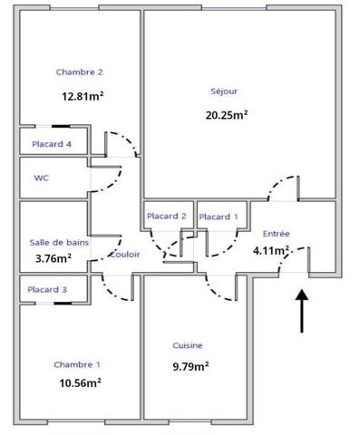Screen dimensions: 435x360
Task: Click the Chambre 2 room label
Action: (79, 72)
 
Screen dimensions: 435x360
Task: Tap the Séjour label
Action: (224, 90)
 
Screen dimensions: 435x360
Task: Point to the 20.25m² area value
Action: (227, 114)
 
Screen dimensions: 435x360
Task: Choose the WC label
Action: (42, 178)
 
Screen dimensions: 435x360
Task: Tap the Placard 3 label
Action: (46, 289)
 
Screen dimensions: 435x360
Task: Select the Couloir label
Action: (124, 255)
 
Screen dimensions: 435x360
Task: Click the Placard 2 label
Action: (166, 217)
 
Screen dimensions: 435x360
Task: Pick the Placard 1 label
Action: (218, 217)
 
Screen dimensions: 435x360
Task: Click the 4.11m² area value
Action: (271, 250)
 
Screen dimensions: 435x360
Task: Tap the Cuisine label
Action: (188, 345)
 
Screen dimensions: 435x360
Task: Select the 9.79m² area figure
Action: (191, 367)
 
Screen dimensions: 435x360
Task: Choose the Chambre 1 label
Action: (77, 364)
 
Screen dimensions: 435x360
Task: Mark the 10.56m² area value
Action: (78, 382)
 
